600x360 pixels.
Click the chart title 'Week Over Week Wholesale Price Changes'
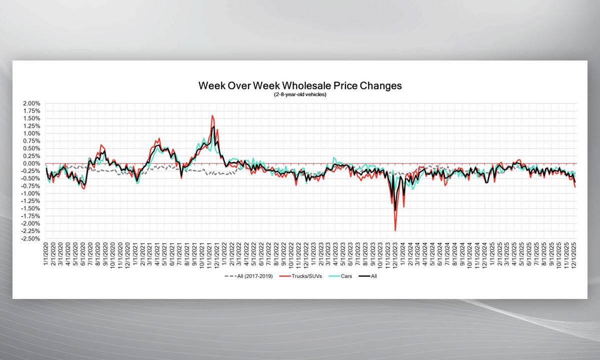pyautogui.click(x=300, y=85)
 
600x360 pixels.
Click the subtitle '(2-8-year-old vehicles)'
pyautogui.click(x=300, y=94)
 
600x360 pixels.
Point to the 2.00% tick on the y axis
pyautogui.click(x=31, y=103)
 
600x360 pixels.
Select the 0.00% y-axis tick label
pyautogui.click(x=31, y=163)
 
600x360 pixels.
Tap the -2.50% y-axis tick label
pyautogui.click(x=30, y=238)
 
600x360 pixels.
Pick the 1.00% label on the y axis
pyautogui.click(x=31, y=133)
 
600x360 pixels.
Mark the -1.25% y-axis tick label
pyautogui.click(x=30, y=201)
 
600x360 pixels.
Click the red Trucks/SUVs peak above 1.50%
pyautogui.click(x=212, y=116)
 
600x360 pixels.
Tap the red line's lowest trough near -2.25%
pyautogui.click(x=395, y=230)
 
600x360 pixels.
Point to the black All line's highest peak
pyautogui.click(x=213, y=126)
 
